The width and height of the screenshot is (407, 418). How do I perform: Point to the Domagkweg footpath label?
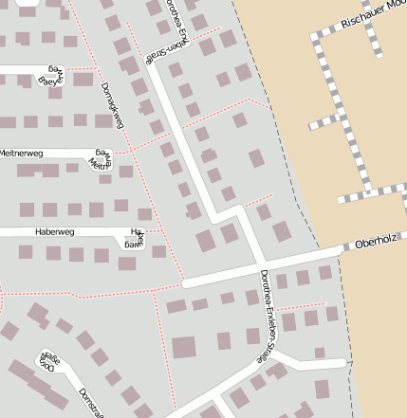113,106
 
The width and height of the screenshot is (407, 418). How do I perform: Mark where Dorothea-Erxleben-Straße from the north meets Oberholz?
261,263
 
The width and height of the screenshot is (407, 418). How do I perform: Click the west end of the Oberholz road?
186,282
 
